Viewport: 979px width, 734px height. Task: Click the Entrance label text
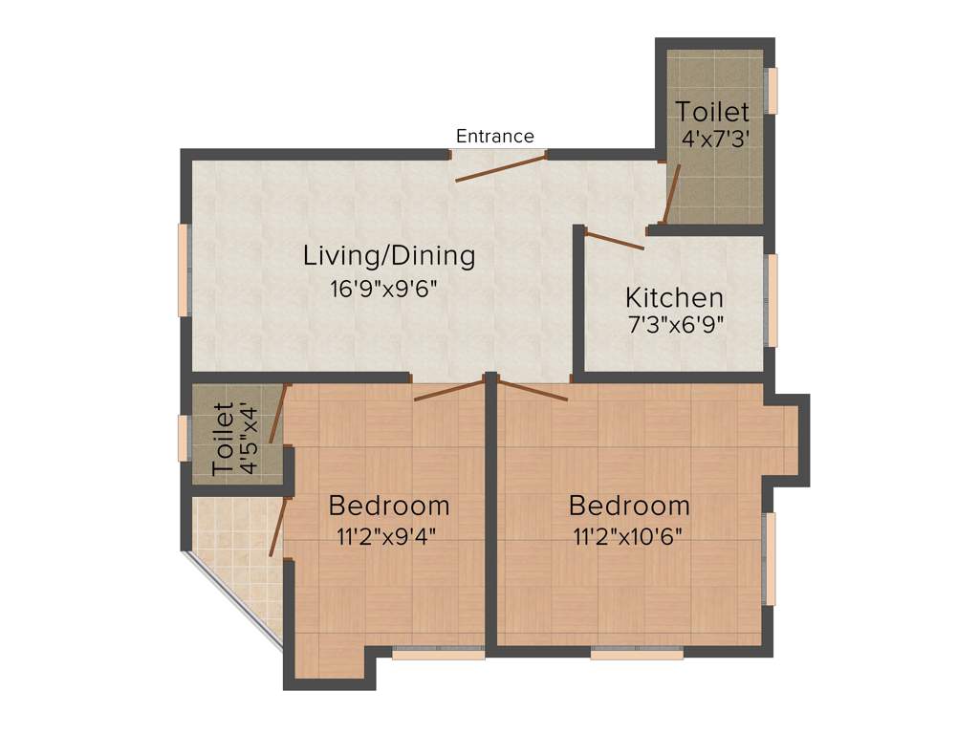(494, 136)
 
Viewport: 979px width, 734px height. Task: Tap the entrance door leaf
(501, 166)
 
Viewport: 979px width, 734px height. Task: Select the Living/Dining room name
(389, 256)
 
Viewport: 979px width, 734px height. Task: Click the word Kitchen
(674, 296)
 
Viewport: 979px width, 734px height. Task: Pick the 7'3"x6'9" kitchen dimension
(674, 324)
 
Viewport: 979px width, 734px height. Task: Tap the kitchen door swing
(615, 240)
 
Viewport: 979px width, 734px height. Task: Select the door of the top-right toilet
(672, 194)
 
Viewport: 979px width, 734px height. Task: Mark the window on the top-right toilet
(772, 91)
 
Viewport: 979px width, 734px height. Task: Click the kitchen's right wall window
(772, 300)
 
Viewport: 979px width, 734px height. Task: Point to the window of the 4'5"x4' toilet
(183, 438)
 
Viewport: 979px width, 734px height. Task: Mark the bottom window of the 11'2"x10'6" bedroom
(637, 655)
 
